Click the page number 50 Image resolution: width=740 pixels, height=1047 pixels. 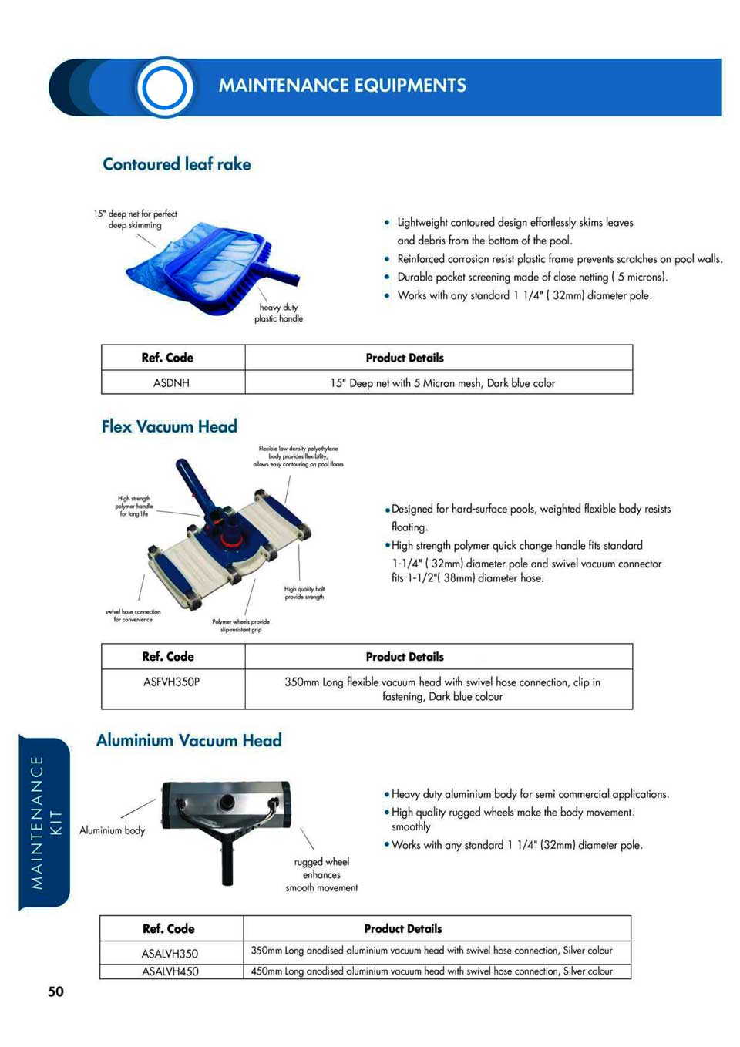55,991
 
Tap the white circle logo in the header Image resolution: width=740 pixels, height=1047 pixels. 164,87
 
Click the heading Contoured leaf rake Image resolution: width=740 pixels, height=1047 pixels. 177,164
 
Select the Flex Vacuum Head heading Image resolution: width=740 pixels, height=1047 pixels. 169,426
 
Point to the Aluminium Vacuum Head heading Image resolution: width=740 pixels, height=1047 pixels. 189,740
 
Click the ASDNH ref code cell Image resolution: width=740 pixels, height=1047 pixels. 171,382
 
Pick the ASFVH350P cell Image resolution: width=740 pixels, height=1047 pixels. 171,682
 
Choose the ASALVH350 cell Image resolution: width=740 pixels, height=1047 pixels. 170,954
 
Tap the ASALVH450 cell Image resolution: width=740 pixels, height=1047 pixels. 170,971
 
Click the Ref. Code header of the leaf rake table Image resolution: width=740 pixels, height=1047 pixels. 167,358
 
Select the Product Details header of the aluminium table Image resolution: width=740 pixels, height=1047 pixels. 403,928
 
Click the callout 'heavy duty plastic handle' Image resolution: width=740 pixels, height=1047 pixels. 278,313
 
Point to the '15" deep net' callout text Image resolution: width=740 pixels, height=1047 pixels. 136,220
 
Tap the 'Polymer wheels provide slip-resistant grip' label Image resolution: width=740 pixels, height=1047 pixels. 240,625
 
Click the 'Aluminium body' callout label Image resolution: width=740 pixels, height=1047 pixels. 112,830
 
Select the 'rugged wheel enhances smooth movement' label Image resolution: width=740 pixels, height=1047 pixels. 321,874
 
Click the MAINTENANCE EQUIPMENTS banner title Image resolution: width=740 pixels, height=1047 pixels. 342,85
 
